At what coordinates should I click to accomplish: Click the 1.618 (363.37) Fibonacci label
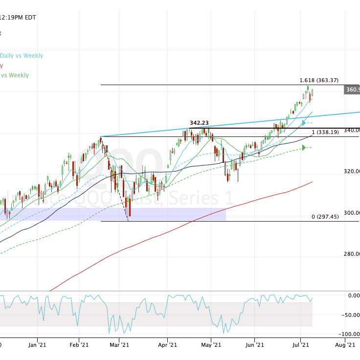click(318, 80)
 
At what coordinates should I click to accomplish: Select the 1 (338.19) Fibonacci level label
click(325, 132)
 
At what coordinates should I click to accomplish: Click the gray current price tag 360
click(352, 90)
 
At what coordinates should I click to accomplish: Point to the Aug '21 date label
click(345, 345)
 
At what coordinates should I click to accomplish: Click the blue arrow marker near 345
click(304, 123)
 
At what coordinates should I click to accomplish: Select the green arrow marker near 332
click(304, 148)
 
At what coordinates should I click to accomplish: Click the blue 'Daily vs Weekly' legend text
click(22, 56)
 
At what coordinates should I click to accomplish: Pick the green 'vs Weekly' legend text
click(15, 75)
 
